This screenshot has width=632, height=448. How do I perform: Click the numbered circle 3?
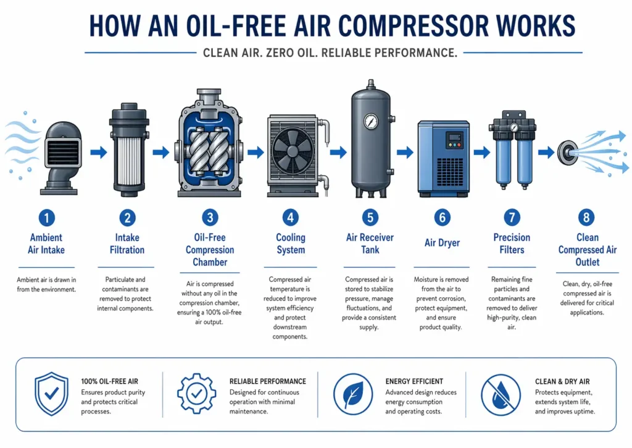coord(210,218)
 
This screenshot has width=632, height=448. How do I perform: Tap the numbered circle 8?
coord(586,217)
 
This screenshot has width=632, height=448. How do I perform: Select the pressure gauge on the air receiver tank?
coord(370,120)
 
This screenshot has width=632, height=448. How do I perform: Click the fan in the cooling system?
coord(292,150)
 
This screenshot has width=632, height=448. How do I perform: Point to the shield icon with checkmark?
coord(51,394)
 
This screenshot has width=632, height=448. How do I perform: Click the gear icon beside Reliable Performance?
coord(197,394)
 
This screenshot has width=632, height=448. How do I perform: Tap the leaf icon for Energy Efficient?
coord(353,394)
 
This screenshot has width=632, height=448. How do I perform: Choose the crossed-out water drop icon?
coord(501,394)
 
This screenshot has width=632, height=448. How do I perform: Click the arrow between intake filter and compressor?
coord(161,152)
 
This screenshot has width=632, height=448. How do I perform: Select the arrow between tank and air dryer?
coord(405,152)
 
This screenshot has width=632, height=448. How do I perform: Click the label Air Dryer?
coord(442,243)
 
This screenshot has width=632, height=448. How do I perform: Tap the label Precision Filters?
coord(512,243)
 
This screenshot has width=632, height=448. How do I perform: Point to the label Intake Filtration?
coord(127,243)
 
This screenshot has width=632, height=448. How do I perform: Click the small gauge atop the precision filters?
coord(514,127)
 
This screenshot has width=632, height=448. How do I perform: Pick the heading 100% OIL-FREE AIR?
coord(110,381)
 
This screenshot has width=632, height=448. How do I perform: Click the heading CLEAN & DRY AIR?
coord(562,381)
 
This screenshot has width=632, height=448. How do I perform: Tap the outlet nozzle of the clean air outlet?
coord(568,152)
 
